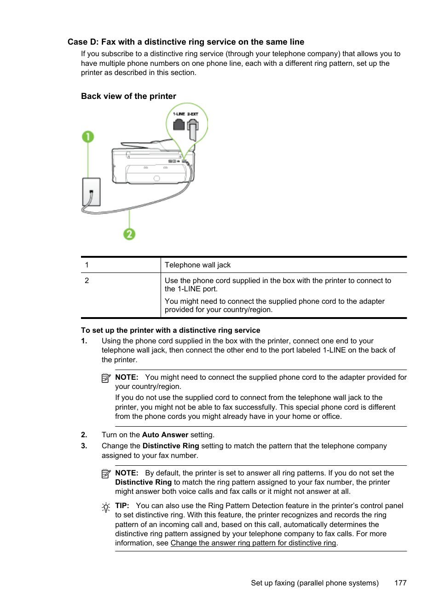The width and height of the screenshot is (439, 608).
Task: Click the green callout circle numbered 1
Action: (x=88, y=137)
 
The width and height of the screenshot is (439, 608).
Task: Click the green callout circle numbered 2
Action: (x=129, y=234)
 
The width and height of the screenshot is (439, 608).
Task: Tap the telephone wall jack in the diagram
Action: (x=91, y=192)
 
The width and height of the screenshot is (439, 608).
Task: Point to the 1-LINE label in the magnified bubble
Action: (x=179, y=114)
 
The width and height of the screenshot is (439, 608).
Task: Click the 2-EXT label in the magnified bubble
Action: (x=193, y=114)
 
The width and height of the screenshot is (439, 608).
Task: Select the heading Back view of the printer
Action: (x=128, y=96)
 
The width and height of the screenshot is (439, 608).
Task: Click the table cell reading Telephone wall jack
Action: (x=198, y=265)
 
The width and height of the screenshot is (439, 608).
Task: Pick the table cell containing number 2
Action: (x=87, y=280)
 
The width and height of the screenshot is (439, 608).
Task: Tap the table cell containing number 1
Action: (x=87, y=265)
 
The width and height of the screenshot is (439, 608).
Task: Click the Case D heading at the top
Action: (x=185, y=42)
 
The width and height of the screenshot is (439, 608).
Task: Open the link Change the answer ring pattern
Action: (x=253, y=543)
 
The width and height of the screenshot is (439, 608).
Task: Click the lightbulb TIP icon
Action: (x=106, y=508)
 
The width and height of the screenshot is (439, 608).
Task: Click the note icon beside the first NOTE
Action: (x=106, y=378)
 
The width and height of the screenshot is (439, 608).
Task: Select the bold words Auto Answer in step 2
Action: (x=165, y=435)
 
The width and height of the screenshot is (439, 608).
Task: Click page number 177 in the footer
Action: (x=400, y=583)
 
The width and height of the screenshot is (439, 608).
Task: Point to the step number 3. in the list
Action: (x=84, y=446)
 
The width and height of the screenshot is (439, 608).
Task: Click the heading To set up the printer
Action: (x=170, y=330)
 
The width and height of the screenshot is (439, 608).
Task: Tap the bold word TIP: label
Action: (x=122, y=506)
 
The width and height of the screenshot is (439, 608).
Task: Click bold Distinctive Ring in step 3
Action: (x=171, y=446)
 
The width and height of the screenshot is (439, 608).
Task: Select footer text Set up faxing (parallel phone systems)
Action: (x=315, y=583)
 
